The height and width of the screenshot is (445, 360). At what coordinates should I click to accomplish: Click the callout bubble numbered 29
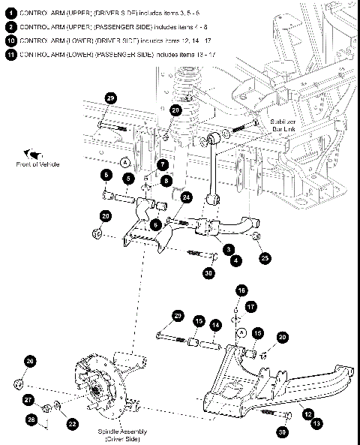(110, 99)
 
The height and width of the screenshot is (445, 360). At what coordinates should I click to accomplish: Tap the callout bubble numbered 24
(186, 197)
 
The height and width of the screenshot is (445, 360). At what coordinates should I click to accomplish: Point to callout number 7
(162, 164)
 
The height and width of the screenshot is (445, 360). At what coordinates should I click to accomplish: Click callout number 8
(166, 180)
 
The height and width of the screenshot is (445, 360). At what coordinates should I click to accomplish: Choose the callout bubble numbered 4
(237, 260)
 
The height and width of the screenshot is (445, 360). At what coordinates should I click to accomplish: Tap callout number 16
(241, 290)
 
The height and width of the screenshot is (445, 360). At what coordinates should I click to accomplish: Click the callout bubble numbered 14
(216, 325)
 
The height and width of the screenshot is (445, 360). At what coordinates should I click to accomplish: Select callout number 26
(30, 362)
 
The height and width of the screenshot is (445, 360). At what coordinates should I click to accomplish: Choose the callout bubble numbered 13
(318, 423)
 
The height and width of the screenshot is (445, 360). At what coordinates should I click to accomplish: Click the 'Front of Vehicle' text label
(37, 164)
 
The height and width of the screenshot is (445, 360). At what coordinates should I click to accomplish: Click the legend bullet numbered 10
(10, 40)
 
